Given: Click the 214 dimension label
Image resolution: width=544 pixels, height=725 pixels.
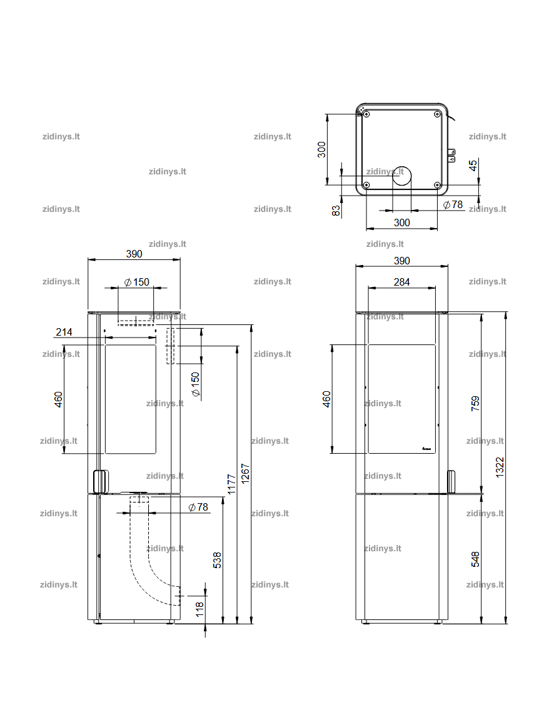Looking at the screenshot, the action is (x=64, y=332).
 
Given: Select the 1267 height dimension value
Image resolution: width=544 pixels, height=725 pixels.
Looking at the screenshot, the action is (x=245, y=474).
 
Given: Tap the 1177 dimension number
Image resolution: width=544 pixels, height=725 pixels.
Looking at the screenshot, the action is (x=231, y=484).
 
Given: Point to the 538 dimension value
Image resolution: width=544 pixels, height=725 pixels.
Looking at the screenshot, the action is (x=217, y=560).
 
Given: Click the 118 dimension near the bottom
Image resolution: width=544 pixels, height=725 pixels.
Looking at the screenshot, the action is (x=199, y=609).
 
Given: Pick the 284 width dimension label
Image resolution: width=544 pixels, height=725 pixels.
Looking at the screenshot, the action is (x=401, y=282).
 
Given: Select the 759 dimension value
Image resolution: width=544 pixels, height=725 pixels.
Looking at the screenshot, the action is (x=475, y=404).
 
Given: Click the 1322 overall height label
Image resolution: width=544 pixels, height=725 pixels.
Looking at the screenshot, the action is (x=500, y=467).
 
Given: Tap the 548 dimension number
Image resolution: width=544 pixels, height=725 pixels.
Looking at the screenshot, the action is (x=475, y=559).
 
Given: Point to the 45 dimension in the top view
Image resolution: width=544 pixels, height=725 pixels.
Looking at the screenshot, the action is (x=472, y=165).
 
